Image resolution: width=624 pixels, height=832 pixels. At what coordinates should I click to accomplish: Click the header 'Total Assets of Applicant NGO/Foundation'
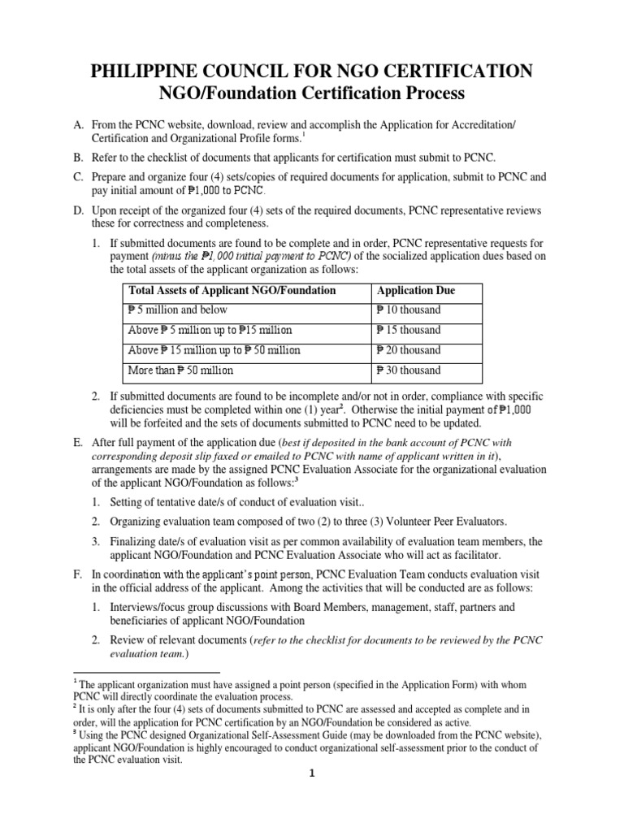coord(232,291)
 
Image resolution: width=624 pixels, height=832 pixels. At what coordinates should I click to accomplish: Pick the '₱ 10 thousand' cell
coord(409,310)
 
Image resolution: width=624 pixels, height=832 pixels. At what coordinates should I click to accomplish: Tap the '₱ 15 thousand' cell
coord(409,331)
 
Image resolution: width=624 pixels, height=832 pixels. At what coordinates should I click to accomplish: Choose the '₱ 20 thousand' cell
coord(409,350)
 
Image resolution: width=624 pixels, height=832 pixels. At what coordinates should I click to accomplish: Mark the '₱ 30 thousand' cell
coord(409,370)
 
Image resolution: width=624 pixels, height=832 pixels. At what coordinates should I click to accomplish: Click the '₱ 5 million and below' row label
coord(178,310)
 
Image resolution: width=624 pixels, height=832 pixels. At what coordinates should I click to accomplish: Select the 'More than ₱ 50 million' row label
coord(180,370)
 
